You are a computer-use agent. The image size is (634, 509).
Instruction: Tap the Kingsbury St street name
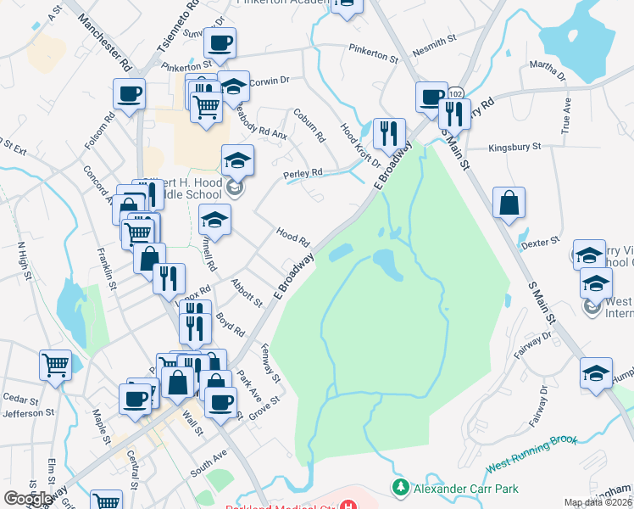coord(514,147)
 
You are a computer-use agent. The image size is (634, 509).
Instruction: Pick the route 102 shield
coord(456,92)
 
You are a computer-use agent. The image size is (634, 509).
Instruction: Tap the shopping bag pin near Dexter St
coord(509,204)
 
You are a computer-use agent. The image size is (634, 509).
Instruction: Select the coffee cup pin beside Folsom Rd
coord(130,93)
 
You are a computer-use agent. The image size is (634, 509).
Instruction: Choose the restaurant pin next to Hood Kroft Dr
coord(389,132)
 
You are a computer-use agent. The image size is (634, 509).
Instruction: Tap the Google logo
coord(29,498)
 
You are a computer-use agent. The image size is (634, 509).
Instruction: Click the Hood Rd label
coord(292,237)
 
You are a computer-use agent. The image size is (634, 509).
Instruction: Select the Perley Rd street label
coord(303,173)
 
